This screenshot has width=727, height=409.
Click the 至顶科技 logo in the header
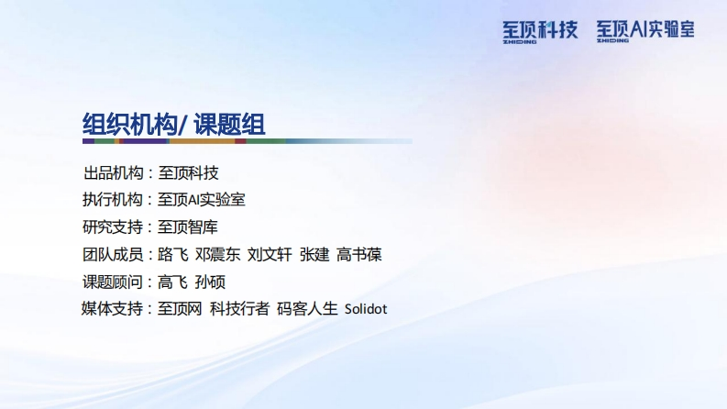tap(540, 31)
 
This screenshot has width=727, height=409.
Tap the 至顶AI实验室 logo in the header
tap(645, 31)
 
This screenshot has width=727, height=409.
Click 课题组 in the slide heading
tap(229, 125)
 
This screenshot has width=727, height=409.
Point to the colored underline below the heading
tap(248, 141)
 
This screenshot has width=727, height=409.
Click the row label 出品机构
tap(113, 173)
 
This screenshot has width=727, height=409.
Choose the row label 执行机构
tap(113, 199)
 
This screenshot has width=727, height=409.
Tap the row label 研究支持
tap(113, 227)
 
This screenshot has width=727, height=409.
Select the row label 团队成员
tap(113, 254)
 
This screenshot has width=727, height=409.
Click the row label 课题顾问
tap(113, 282)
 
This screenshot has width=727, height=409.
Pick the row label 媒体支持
tap(112, 308)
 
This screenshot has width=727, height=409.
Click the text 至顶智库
tap(188, 227)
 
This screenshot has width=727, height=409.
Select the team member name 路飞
tap(173, 254)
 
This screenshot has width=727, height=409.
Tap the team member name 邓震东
tap(218, 254)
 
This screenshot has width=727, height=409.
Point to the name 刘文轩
tap(270, 254)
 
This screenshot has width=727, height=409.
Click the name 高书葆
tap(359, 254)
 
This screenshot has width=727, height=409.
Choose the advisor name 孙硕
tap(211, 282)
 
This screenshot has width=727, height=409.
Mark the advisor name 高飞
tap(173, 282)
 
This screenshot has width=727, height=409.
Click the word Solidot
tap(366, 309)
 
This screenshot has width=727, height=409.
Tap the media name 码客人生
tap(307, 308)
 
